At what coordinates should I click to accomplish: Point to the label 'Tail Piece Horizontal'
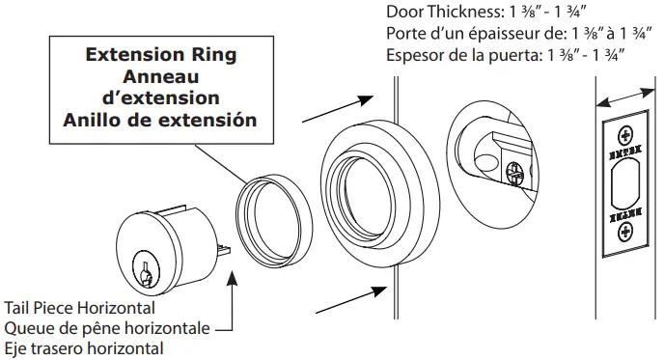tap(79, 308)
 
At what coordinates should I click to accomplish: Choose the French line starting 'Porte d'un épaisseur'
tap(508, 34)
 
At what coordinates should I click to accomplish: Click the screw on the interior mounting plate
tap(515, 172)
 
